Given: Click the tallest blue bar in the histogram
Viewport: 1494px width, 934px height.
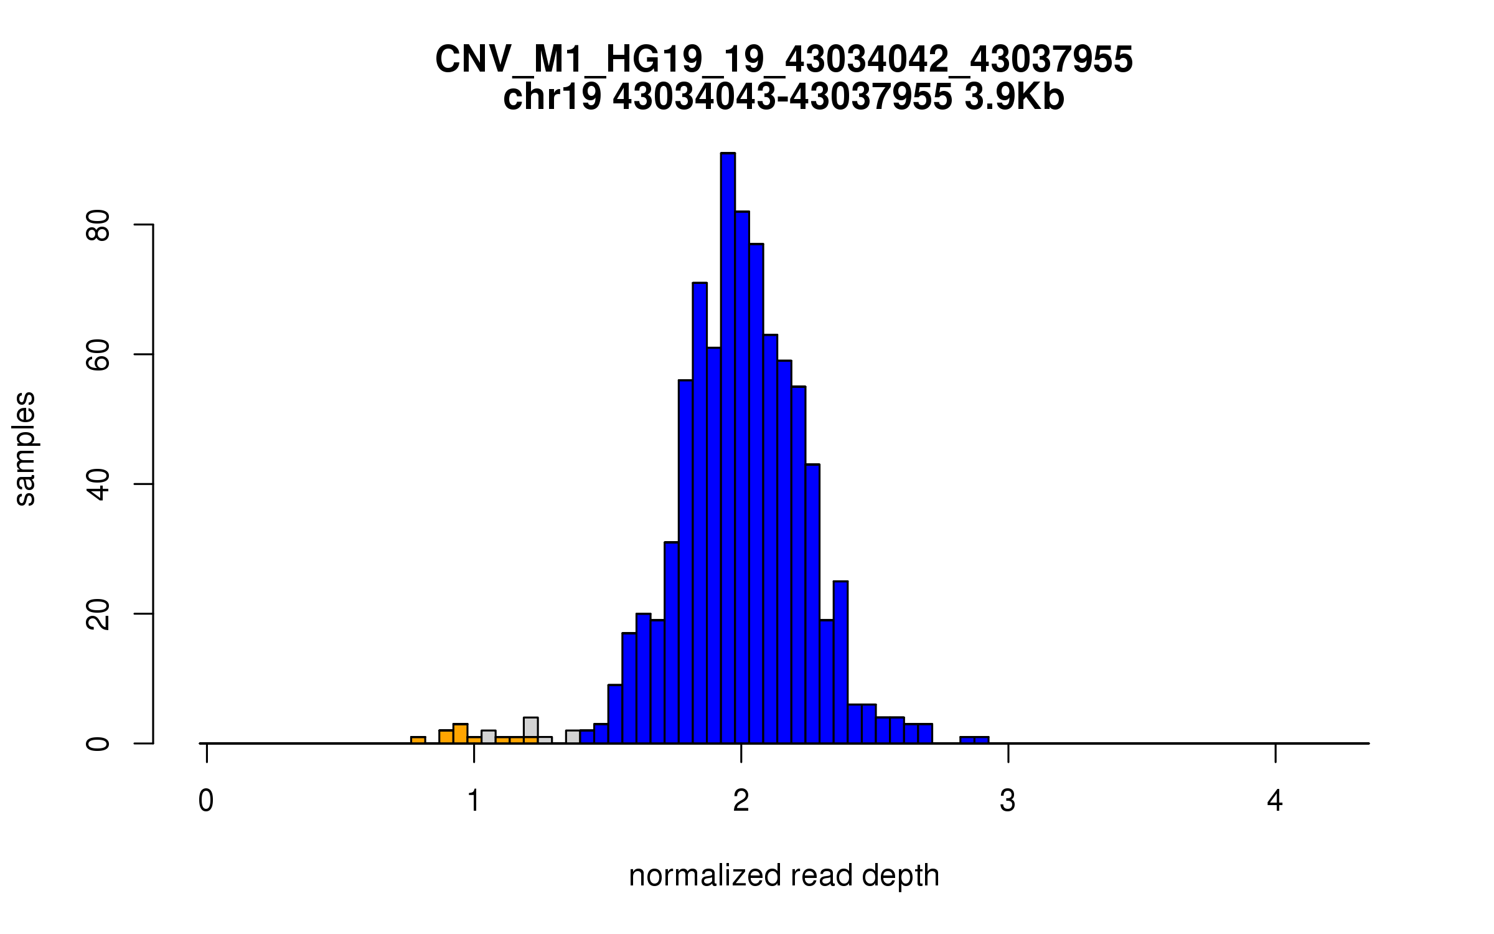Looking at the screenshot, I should [x=728, y=448].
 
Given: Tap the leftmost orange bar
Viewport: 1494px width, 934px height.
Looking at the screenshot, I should [x=418, y=740].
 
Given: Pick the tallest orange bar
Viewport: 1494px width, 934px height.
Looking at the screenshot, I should [x=460, y=734].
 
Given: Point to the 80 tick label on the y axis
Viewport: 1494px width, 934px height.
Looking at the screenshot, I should [x=98, y=225].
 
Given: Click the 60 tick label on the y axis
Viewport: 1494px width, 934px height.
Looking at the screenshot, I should [x=98, y=355].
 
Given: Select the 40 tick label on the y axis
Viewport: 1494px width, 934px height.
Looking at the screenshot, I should [x=98, y=484].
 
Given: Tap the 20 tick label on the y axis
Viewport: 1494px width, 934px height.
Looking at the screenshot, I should [x=98, y=614].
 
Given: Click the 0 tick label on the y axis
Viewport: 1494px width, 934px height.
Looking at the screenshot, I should [x=98, y=743].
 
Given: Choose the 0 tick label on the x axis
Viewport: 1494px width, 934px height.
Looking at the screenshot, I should [x=206, y=801].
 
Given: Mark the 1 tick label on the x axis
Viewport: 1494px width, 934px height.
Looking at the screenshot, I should [x=474, y=801].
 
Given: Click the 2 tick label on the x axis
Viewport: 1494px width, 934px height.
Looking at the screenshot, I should [x=741, y=801].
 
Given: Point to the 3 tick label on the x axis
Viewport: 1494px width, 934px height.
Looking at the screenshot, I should [x=1008, y=801].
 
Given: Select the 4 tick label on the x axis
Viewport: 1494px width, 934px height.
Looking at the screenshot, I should [x=1275, y=801].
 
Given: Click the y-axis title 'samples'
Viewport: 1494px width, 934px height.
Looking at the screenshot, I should [x=25, y=448].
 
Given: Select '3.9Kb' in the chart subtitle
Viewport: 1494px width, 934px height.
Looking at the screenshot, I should [x=1014, y=97].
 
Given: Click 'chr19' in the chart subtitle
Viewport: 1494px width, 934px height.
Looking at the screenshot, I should [x=552, y=97].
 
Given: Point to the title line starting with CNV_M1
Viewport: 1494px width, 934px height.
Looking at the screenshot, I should [x=784, y=60].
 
